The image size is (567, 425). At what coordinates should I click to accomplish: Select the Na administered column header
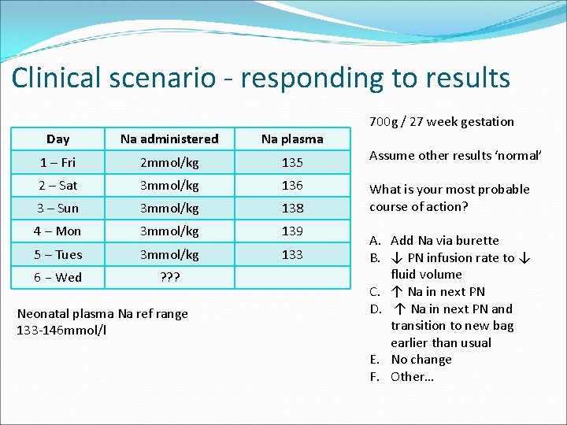point(169,139)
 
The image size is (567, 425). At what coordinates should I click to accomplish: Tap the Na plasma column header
point(292,139)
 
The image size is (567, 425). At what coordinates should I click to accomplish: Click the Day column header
point(57,139)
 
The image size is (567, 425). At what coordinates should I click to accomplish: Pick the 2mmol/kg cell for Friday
point(169,163)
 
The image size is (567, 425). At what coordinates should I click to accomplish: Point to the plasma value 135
point(292,163)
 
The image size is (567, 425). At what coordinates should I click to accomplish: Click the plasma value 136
point(292,186)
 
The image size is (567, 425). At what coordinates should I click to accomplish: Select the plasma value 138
point(292,209)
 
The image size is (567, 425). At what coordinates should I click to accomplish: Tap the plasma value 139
point(292,231)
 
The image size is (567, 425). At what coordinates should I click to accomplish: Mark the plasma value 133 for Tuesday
point(292,254)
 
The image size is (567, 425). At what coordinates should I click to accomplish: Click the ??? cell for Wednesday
point(169,278)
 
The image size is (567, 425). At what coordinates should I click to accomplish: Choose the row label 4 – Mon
point(57,231)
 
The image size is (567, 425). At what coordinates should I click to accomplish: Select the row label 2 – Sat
point(57,186)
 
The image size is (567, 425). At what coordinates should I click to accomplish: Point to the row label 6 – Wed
point(57,278)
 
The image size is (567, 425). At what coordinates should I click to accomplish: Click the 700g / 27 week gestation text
point(441,122)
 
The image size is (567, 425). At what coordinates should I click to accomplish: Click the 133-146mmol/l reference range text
point(61,330)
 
